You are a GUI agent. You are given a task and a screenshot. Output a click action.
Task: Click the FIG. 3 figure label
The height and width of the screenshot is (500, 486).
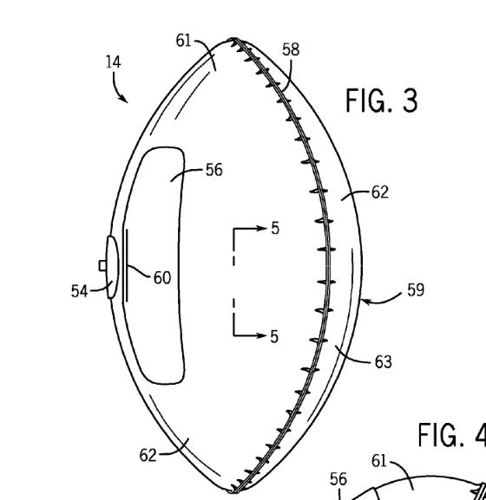[x=382, y=101]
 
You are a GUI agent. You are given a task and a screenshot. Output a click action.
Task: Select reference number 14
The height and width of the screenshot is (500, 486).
[x=114, y=62]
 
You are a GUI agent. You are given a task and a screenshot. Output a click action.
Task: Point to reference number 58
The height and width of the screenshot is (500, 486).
[x=291, y=50]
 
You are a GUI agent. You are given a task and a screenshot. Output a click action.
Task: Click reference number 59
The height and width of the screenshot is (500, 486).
[x=416, y=289]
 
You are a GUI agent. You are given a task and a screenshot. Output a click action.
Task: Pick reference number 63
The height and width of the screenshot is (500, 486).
[x=383, y=361]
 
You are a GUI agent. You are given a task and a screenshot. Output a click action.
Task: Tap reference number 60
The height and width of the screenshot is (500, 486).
[x=161, y=277]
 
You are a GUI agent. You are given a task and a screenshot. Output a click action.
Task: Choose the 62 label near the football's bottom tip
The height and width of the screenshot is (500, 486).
[x=149, y=453]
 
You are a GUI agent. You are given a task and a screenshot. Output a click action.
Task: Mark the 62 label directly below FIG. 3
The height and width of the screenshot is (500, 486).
[x=379, y=192]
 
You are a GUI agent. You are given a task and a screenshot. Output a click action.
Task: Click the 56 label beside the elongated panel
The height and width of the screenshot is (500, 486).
[x=213, y=170]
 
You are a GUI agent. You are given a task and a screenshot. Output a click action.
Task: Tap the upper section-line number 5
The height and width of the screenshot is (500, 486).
[x=275, y=229]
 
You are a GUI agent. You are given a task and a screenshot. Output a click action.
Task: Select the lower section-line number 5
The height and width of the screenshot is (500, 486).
[x=274, y=335]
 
